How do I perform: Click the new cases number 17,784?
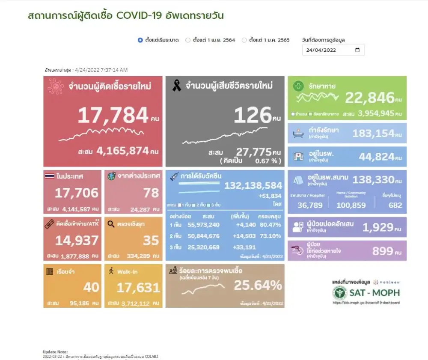[113, 115]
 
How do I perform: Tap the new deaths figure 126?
[253, 115]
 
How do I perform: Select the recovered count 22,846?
[370, 98]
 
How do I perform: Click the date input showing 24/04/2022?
[333, 50]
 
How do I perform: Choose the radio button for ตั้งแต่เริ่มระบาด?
[140, 40]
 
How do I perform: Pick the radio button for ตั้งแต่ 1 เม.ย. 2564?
[188, 40]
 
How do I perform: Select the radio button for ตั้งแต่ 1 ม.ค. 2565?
[244, 40]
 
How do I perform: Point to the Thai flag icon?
[49, 176]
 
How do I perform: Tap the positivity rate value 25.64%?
[258, 285]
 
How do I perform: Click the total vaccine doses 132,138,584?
[253, 185]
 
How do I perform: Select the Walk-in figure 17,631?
[138, 288]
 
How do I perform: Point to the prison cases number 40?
[91, 287]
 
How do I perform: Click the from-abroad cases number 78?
[151, 193]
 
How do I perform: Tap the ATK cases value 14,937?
[77, 241]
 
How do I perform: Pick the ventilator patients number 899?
[382, 251]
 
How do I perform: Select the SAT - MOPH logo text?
[375, 293]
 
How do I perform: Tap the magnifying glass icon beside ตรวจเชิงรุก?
[111, 223]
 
